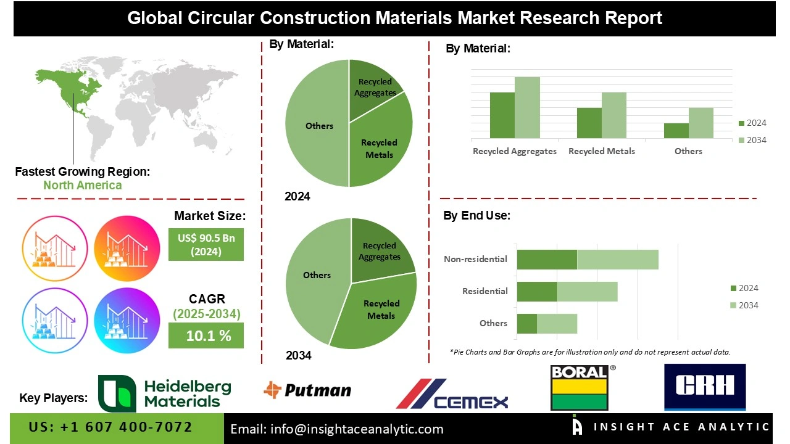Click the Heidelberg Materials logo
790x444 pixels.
click(165, 393)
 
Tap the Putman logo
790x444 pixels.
click(307, 390)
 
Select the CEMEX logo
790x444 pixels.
click(452, 395)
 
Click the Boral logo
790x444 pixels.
click(579, 388)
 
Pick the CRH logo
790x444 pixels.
click(704, 386)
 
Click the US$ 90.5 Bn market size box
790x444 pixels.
click(206, 244)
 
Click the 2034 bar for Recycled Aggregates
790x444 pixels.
click(527, 107)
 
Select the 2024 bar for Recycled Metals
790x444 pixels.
click(589, 123)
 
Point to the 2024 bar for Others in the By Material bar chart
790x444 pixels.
click(676, 131)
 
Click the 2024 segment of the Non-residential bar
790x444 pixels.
click(546, 260)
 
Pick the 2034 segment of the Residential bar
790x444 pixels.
click(587, 292)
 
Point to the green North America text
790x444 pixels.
click(82, 185)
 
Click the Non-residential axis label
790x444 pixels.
click(475, 259)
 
